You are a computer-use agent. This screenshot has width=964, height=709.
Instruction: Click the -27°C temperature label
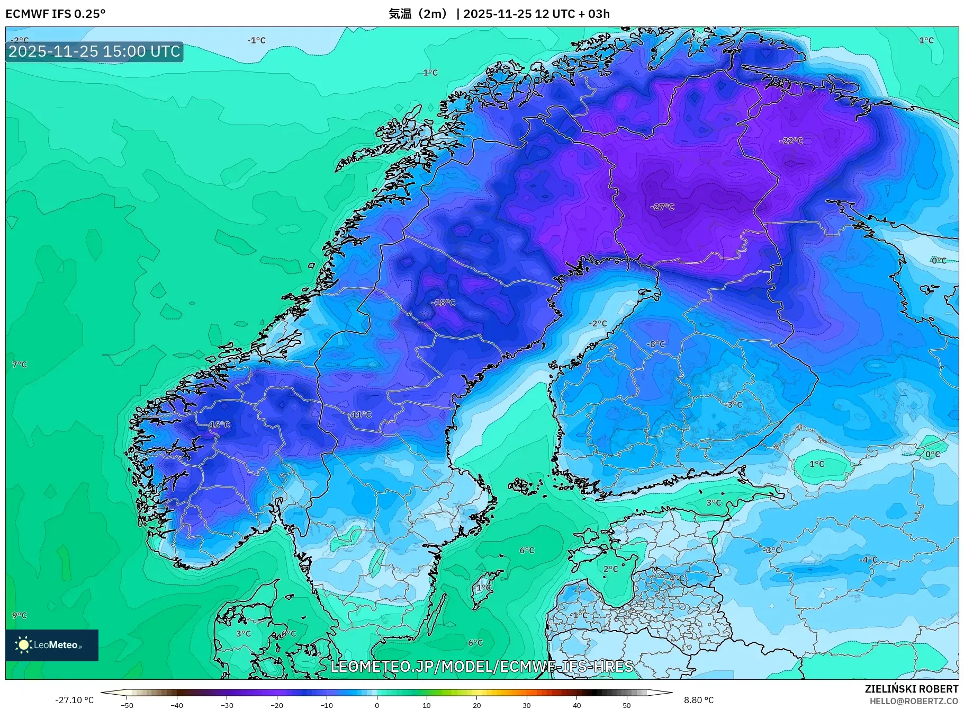point(662,207)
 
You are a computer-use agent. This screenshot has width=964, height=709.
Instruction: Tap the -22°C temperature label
point(791,141)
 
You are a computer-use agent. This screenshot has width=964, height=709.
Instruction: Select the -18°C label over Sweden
point(444,303)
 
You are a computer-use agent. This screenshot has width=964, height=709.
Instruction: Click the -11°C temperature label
point(361,415)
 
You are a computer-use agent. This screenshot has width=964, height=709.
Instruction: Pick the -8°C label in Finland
point(656,344)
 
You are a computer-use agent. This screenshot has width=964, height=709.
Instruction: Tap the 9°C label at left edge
point(20,615)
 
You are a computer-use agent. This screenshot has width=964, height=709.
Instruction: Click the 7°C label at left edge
point(20,365)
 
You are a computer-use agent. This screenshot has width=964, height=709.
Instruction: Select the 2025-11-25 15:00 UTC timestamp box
point(94,51)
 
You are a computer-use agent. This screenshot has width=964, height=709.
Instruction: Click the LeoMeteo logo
point(52,645)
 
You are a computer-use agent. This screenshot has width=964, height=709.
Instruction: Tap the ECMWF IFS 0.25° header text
point(56,14)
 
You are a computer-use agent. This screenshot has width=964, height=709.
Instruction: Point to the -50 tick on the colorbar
point(127,705)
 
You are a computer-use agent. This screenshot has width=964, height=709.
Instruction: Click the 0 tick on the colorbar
point(377,705)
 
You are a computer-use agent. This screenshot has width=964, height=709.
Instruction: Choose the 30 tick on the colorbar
point(527,705)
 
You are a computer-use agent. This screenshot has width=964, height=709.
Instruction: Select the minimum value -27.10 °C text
point(75,700)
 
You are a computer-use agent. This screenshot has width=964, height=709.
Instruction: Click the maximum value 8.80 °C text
point(699,700)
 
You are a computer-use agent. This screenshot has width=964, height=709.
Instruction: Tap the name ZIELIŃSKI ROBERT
point(911,689)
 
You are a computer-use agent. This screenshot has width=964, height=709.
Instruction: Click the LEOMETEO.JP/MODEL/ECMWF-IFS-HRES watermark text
point(482,667)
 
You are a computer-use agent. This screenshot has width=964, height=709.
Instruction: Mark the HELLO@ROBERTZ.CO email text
point(914,701)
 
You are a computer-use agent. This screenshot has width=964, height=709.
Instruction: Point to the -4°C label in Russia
point(868,560)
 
